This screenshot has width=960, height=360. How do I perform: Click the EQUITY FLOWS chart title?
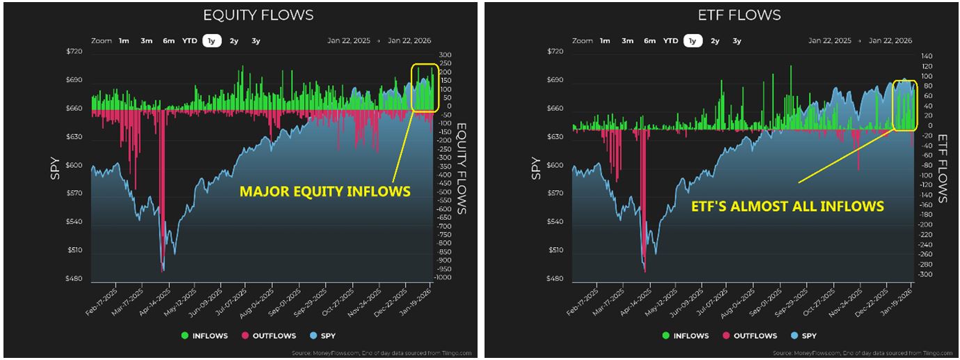pos(258,15)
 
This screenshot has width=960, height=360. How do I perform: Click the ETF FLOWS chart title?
pos(739,15)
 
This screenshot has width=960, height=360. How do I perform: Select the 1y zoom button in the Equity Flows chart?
pos(212,41)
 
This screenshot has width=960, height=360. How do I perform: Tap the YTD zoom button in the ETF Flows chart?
pos(670,41)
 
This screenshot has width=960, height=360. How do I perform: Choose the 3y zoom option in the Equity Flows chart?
pos(256,41)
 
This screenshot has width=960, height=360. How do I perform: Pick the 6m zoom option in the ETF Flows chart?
pos(650,41)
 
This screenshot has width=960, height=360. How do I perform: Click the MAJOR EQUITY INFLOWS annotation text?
pos(324,191)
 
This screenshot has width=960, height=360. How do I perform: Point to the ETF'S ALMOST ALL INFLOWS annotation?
pos(787,206)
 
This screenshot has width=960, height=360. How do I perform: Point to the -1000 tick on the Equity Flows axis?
pos(443,278)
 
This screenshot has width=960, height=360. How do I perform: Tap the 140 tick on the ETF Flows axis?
pos(925,56)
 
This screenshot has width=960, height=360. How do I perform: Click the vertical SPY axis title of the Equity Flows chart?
pos(55,169)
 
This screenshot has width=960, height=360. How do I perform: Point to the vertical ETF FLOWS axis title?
pos(944,169)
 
